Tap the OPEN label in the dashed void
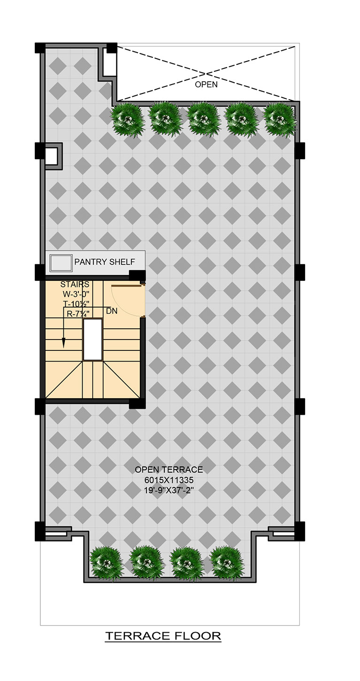pos(206,84)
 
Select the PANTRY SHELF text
pos(105,262)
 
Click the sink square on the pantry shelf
pos(61,263)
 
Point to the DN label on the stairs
pos(112,311)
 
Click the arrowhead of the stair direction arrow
pos(64,343)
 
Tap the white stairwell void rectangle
pos(92,340)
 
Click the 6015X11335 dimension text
pos(169,480)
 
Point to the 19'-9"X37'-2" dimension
pos(169,490)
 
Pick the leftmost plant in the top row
pos(126,119)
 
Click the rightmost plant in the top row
pos(280,119)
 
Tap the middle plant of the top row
pos(203,119)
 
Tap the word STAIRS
pos(75,284)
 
